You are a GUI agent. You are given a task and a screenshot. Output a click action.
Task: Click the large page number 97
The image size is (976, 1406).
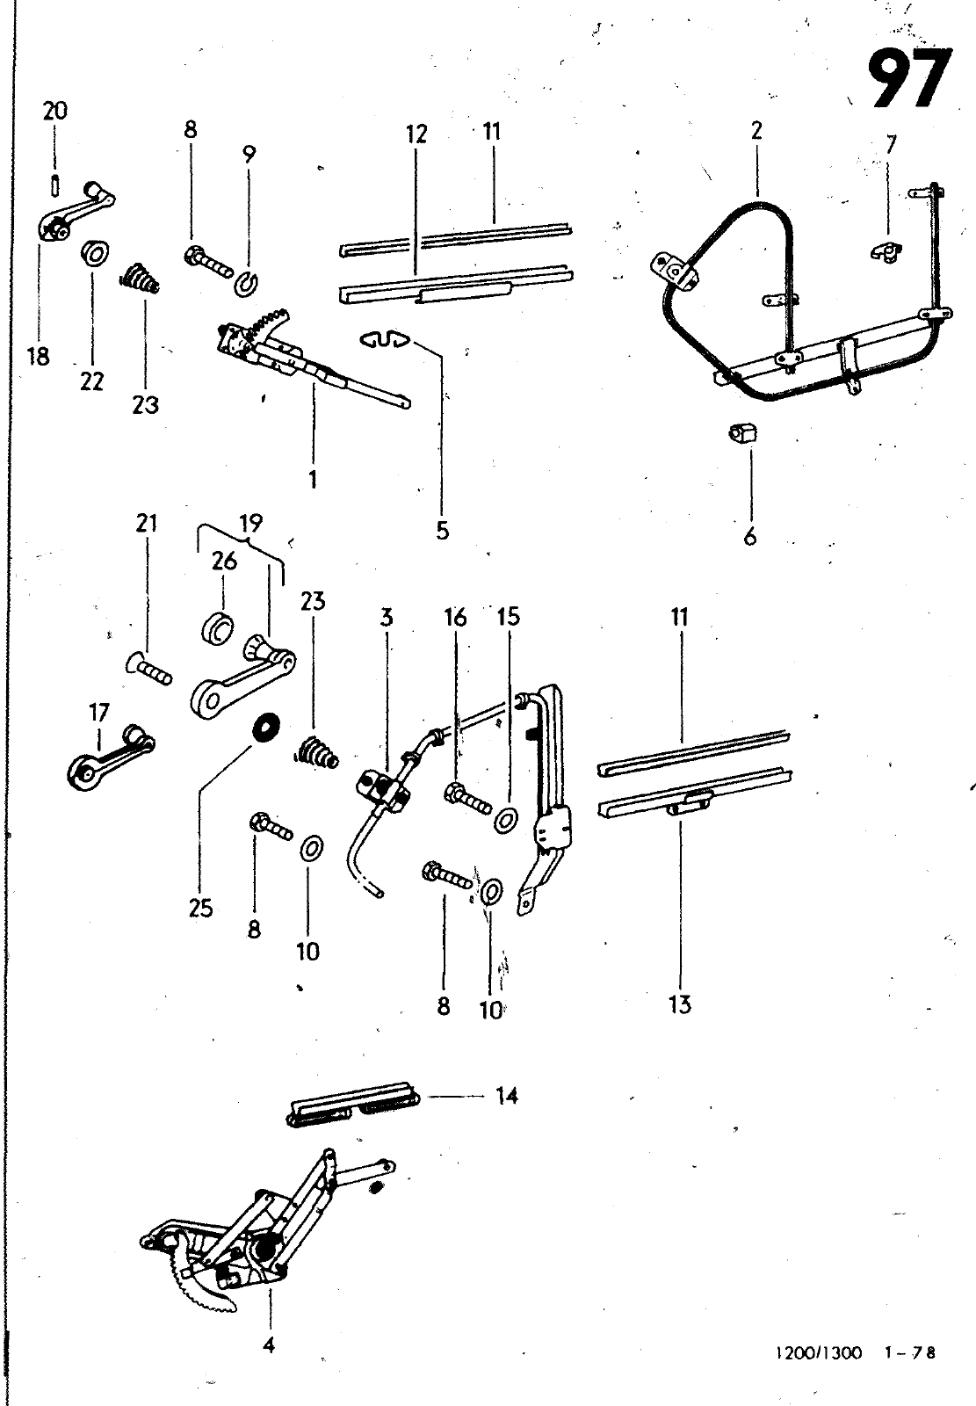(x=909, y=78)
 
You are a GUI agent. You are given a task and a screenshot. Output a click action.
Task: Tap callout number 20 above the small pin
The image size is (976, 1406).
(x=54, y=111)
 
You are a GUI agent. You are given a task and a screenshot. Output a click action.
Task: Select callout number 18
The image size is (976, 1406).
(x=39, y=357)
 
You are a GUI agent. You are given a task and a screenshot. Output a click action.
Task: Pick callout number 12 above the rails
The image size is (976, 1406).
(x=416, y=134)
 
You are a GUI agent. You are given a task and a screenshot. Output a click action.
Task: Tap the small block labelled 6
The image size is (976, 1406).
(x=743, y=432)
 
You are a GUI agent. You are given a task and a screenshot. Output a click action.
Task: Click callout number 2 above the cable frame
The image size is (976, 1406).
(x=756, y=131)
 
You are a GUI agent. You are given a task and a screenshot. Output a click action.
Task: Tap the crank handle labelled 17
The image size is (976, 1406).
(x=111, y=757)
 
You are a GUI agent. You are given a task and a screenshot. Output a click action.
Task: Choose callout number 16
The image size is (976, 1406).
(x=456, y=618)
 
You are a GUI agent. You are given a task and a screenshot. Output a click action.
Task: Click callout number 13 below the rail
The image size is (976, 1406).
(x=680, y=1004)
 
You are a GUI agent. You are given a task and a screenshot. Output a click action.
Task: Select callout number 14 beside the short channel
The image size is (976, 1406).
(x=507, y=1097)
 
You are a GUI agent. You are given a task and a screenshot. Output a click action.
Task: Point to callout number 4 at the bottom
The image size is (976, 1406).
(x=269, y=1345)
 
